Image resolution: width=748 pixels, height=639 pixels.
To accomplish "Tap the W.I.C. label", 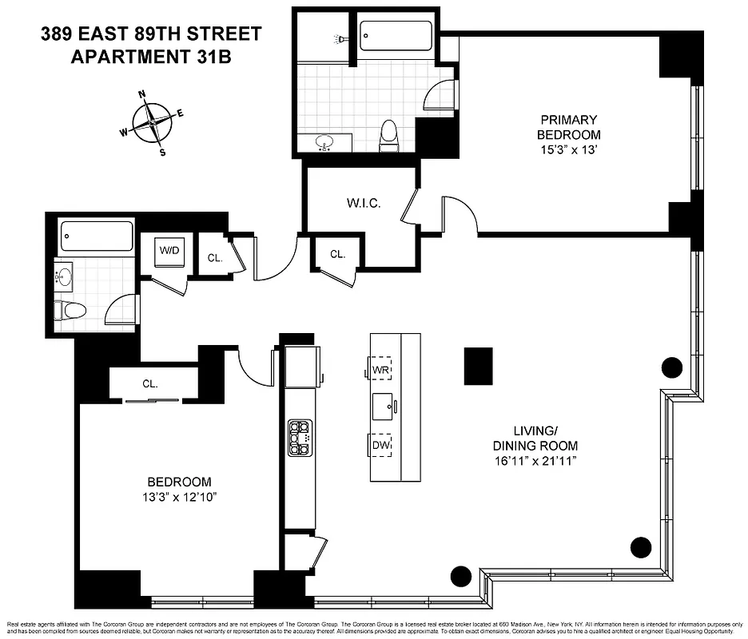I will click(364, 203).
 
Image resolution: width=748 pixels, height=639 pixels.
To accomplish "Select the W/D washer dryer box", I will click(169, 251).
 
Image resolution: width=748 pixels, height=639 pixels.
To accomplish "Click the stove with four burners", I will click(300, 438).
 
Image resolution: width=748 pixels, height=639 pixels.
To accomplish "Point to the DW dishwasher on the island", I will click(380, 445).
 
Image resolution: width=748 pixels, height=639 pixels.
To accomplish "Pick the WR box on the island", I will click(380, 370).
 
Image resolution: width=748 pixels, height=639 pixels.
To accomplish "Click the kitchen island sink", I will click(382, 407).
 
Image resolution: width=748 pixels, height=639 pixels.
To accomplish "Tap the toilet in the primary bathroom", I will click(389, 135).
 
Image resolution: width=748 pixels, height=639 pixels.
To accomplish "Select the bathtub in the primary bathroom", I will click(396, 36).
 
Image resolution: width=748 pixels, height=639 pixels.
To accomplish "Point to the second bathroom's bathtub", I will click(97, 236).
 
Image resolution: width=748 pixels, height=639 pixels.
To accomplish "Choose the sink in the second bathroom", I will click(65, 277).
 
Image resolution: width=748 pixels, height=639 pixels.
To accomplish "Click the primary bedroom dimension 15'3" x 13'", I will click(568, 149).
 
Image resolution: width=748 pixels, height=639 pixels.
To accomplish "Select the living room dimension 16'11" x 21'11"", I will click(535, 461).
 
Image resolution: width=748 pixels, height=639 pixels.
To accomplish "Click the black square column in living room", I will click(479, 366).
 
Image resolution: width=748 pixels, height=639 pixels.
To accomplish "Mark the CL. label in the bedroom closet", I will click(150, 383).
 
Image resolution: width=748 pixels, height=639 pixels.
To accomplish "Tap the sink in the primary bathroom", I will click(324, 143).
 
